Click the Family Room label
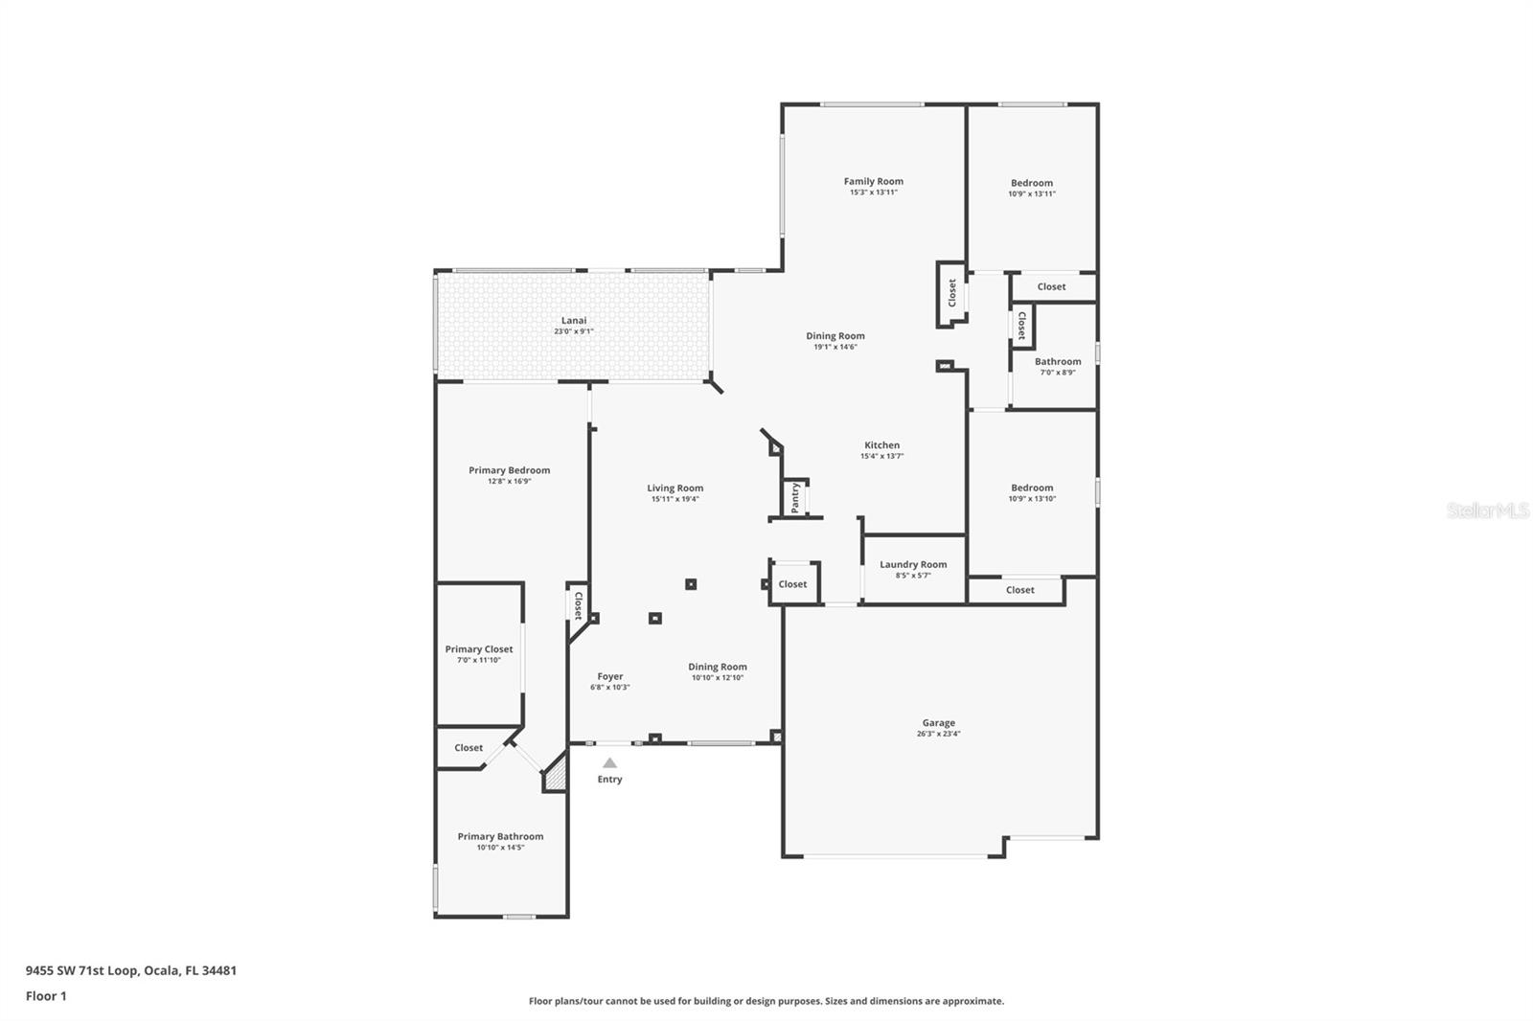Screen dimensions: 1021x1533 pos(873,181)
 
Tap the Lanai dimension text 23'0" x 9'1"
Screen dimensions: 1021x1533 pos(573,331)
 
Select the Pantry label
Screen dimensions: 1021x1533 pos(795,497)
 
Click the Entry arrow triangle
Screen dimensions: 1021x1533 pos(609,763)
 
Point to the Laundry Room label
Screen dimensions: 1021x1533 pos(913,564)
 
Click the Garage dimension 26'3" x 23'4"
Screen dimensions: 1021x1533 pos(938,734)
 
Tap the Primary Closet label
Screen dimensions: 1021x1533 pos(479,649)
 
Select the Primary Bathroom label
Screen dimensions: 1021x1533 pos(500,836)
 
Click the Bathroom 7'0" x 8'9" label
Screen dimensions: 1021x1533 pos(1058,361)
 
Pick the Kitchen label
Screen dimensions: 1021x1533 pos(881,445)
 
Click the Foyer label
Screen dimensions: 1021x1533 pos(609,676)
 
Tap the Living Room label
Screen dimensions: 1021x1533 pos(675,488)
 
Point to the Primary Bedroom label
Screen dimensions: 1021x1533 pos(509,470)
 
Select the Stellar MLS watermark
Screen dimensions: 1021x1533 pos(1487,510)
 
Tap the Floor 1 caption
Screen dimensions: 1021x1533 pos(46,996)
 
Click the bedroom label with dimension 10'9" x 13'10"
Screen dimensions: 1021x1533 pos(1032,488)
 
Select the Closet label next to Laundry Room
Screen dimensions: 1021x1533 pos(792,584)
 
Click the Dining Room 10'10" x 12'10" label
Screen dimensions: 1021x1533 pos(717,667)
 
